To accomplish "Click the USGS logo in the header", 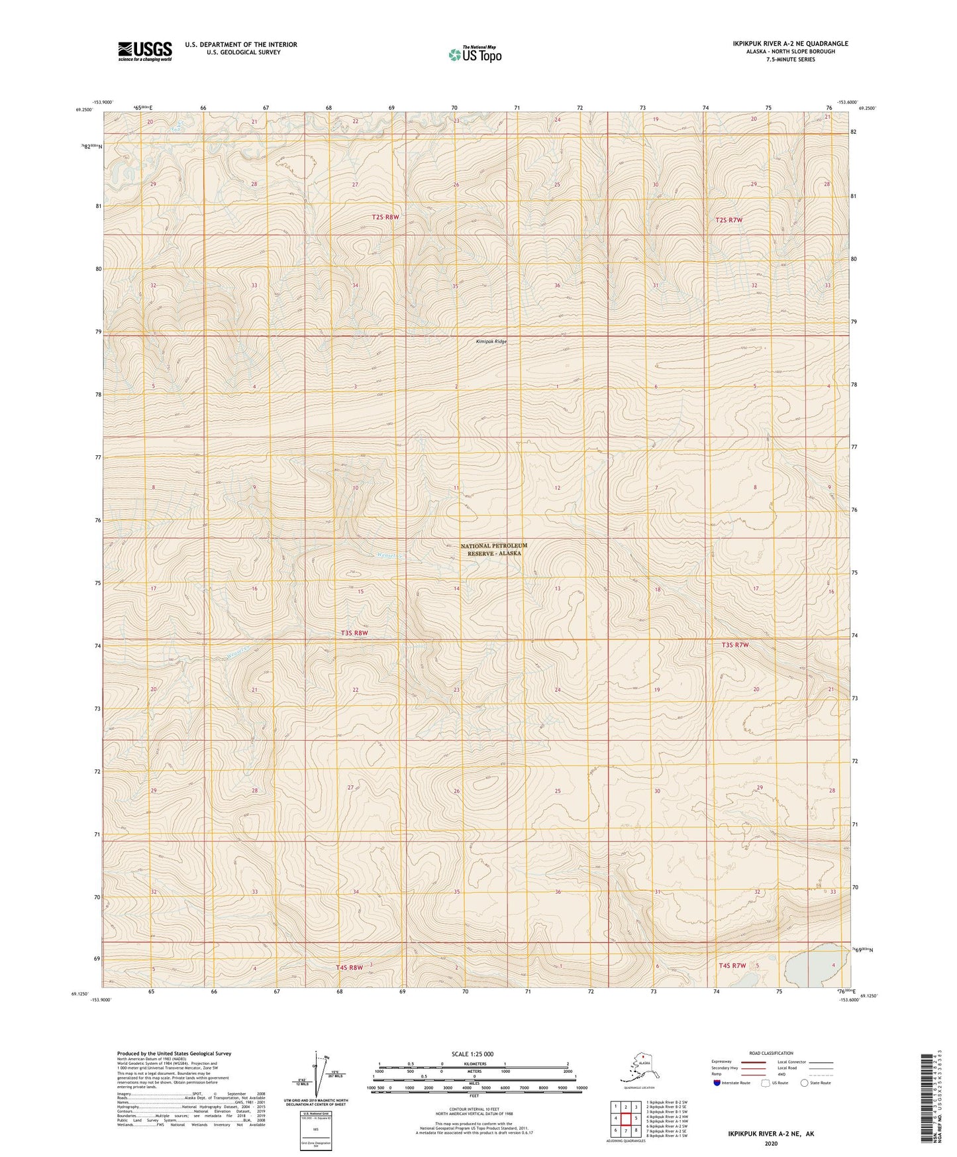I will point(144,51).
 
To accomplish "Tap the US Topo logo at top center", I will point(474,54).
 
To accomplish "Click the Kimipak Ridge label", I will point(491,341).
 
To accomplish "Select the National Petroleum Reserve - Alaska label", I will point(493,549).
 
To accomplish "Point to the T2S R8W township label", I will point(385,217).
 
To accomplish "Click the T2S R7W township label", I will point(729,219).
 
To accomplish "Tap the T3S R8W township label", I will point(354,633).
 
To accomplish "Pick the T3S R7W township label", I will point(735,645).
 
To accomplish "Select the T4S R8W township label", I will point(349,967).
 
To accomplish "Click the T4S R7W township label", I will point(732,965).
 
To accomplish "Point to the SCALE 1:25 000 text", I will point(472,1054).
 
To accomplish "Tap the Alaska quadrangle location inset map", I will point(638,1069).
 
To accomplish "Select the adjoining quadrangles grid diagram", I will point(625,1120).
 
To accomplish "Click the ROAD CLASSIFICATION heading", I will point(771,1053).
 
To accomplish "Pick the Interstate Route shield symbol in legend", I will point(717,1083).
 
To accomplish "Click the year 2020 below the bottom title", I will point(770,1143).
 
